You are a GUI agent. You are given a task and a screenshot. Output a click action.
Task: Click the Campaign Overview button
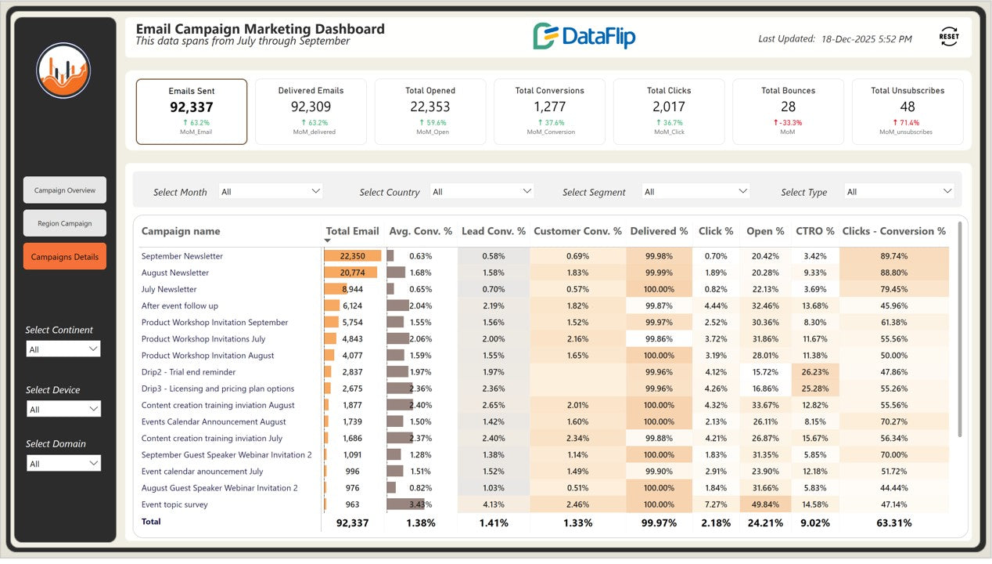[x=65, y=190]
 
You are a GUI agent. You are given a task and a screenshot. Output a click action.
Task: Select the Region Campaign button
[x=65, y=223]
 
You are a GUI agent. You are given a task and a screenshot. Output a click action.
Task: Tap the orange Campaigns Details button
[x=65, y=257]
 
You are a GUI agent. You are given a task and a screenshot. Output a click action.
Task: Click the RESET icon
[x=948, y=37]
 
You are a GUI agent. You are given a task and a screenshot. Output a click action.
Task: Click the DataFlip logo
[x=584, y=37]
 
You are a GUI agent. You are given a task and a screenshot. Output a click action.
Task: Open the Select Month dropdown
[x=271, y=191]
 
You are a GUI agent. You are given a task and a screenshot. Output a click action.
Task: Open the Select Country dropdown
[x=482, y=191]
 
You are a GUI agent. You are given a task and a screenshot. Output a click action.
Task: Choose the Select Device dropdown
[x=63, y=409]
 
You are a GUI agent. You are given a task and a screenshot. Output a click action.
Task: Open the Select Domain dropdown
[x=63, y=464]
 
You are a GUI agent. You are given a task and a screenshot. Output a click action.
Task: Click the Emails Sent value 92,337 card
[x=192, y=107]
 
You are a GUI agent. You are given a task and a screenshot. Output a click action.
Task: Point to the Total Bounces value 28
[x=788, y=107]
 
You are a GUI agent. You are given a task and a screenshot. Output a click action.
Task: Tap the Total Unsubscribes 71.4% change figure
[x=907, y=123]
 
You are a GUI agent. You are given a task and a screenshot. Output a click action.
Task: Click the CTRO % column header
[x=814, y=231]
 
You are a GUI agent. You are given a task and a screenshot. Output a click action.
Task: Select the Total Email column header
[x=352, y=231]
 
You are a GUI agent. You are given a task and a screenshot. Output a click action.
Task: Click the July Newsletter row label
[x=169, y=289]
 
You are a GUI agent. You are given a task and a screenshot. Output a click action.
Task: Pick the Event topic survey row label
[x=174, y=504]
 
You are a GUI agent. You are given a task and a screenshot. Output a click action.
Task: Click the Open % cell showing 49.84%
[x=765, y=504]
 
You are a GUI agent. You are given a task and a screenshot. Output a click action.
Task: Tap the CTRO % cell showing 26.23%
[x=815, y=372]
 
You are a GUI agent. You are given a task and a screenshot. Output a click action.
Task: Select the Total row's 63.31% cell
[x=893, y=522]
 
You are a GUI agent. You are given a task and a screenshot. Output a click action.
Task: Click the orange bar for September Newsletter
[x=353, y=256]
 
